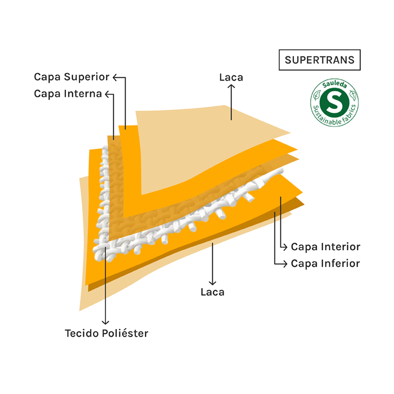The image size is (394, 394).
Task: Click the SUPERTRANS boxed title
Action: [x=319, y=60]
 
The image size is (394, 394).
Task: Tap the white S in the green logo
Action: [x=334, y=103]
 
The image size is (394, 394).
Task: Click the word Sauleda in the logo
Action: [x=334, y=86]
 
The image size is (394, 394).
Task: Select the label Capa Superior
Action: [x=71, y=77]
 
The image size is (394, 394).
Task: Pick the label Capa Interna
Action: [x=68, y=94]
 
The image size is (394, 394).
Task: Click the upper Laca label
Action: [x=231, y=77]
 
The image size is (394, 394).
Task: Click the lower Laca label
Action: [x=212, y=292]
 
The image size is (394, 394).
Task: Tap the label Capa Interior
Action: [x=326, y=247]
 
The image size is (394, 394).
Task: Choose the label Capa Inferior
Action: [x=325, y=263]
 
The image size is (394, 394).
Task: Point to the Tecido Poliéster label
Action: [x=106, y=333]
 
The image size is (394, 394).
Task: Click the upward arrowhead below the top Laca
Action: [x=231, y=87]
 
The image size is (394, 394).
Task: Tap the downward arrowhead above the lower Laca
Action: [x=212, y=282]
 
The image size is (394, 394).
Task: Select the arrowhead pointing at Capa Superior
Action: [x=115, y=77]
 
